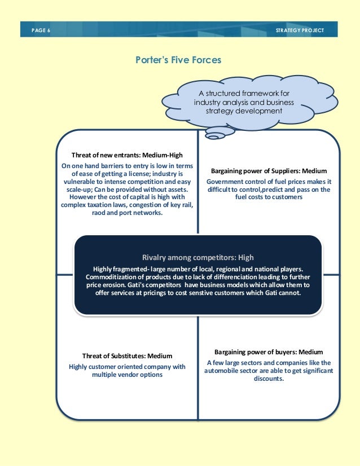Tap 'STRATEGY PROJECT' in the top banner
pyautogui.click(x=303, y=30)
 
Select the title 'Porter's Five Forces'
pyautogui.click(x=178, y=59)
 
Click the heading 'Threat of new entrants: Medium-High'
pyautogui.click(x=127, y=155)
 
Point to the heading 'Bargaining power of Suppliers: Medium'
pyautogui.click(x=269, y=170)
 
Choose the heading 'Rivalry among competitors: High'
pyautogui.click(x=197, y=257)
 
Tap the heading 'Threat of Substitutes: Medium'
pyautogui.click(x=127, y=356)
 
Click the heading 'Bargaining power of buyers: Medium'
pyautogui.click(x=269, y=351)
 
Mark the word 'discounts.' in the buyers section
pyautogui.click(x=269, y=379)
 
